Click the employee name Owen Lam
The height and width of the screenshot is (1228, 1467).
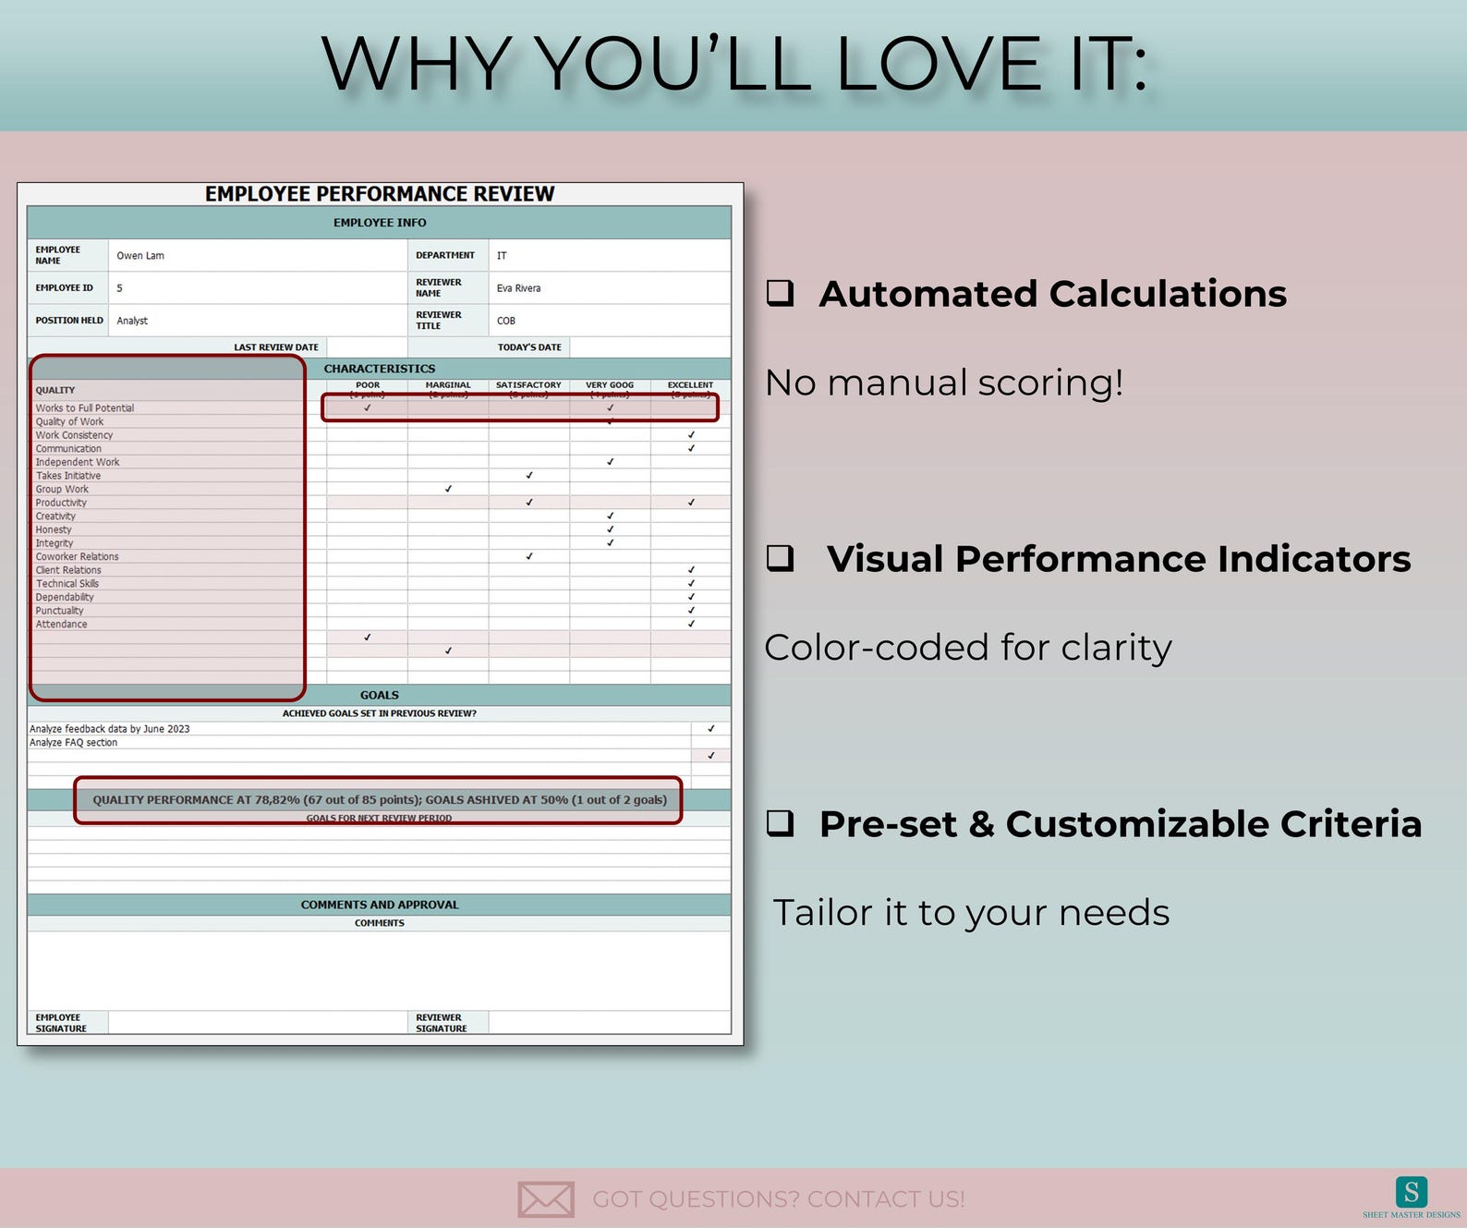(140, 256)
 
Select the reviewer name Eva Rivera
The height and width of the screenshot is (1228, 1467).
(518, 288)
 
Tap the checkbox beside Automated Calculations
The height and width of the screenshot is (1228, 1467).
(781, 293)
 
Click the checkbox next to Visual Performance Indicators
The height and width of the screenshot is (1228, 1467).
(781, 558)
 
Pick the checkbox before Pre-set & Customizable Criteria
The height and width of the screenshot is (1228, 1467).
(781, 822)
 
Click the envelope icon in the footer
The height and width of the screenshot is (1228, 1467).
(546, 1198)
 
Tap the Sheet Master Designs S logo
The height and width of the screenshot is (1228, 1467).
(1411, 1192)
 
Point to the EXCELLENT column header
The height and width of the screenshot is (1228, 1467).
(690, 385)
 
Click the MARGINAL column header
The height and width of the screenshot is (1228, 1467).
(448, 385)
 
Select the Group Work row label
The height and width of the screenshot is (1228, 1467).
(62, 489)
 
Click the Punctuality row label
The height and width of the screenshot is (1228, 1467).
(59, 611)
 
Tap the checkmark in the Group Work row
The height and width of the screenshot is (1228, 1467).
(448, 489)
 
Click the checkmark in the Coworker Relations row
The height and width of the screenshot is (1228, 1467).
(529, 556)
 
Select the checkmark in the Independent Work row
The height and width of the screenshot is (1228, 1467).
(610, 462)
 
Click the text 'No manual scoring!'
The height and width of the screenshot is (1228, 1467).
(944, 383)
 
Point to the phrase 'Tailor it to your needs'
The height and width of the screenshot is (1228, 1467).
(971, 913)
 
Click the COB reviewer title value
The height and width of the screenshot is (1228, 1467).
(506, 321)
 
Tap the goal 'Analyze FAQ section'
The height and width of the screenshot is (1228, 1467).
(74, 743)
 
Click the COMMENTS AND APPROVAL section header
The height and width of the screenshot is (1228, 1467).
(380, 905)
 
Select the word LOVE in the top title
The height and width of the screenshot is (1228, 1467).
(939, 65)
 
